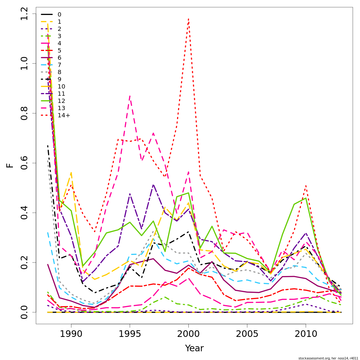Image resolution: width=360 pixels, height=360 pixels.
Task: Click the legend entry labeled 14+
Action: point(64,115)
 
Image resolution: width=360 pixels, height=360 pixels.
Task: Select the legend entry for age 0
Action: point(59,14)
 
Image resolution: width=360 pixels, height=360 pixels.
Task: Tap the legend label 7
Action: point(59,65)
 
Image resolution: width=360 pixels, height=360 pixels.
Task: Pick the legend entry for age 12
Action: point(61,101)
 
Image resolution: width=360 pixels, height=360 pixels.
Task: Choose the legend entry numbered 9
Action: point(59,79)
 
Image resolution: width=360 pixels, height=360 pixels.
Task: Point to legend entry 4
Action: point(59,43)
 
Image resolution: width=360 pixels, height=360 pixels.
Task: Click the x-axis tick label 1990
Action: point(71,334)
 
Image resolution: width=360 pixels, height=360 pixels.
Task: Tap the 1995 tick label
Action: point(130,334)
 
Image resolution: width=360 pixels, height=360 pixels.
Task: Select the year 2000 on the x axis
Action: point(188,334)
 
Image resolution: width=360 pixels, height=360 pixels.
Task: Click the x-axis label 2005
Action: point(247,334)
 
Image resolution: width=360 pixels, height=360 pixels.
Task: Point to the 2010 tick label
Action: point(306,334)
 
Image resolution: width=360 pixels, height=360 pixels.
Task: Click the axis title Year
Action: point(194,348)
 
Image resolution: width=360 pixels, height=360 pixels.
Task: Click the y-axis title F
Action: point(10,165)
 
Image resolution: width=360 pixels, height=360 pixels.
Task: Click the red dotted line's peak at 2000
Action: point(188,19)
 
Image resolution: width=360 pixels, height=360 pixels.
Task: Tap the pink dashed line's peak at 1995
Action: point(130,96)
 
